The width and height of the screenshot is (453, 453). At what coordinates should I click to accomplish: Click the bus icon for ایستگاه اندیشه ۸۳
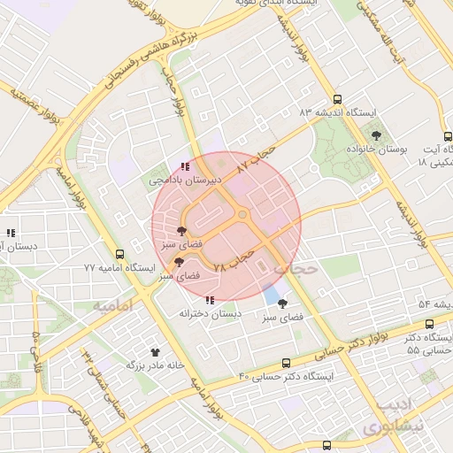336,100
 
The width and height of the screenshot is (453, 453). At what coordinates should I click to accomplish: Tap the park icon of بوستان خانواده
377,135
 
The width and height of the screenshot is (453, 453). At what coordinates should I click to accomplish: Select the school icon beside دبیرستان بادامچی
184,165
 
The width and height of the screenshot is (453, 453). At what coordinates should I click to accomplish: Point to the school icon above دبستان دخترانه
210,300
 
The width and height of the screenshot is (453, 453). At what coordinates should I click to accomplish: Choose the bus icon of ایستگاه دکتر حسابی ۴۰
285,363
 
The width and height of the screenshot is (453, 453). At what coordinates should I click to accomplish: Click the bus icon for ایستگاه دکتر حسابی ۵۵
430,325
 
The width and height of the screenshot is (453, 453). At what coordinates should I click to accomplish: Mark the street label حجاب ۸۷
257,156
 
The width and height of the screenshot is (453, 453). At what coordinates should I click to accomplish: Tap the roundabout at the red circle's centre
242,216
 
